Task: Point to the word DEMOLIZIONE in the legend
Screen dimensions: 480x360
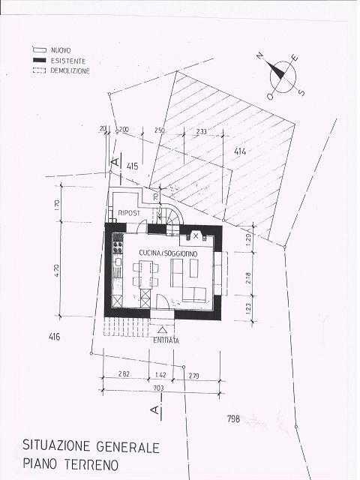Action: pyautogui.click(x=70, y=70)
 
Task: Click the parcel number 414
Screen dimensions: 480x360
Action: pyautogui.click(x=240, y=152)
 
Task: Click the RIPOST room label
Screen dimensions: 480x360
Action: pyautogui.click(x=130, y=214)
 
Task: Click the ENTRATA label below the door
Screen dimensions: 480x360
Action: pyautogui.click(x=166, y=341)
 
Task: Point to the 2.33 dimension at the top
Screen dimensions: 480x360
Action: pyautogui.click(x=202, y=131)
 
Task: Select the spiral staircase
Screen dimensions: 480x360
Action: pyautogui.click(x=169, y=214)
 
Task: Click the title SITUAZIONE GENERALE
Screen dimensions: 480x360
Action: pyautogui.click(x=91, y=448)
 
